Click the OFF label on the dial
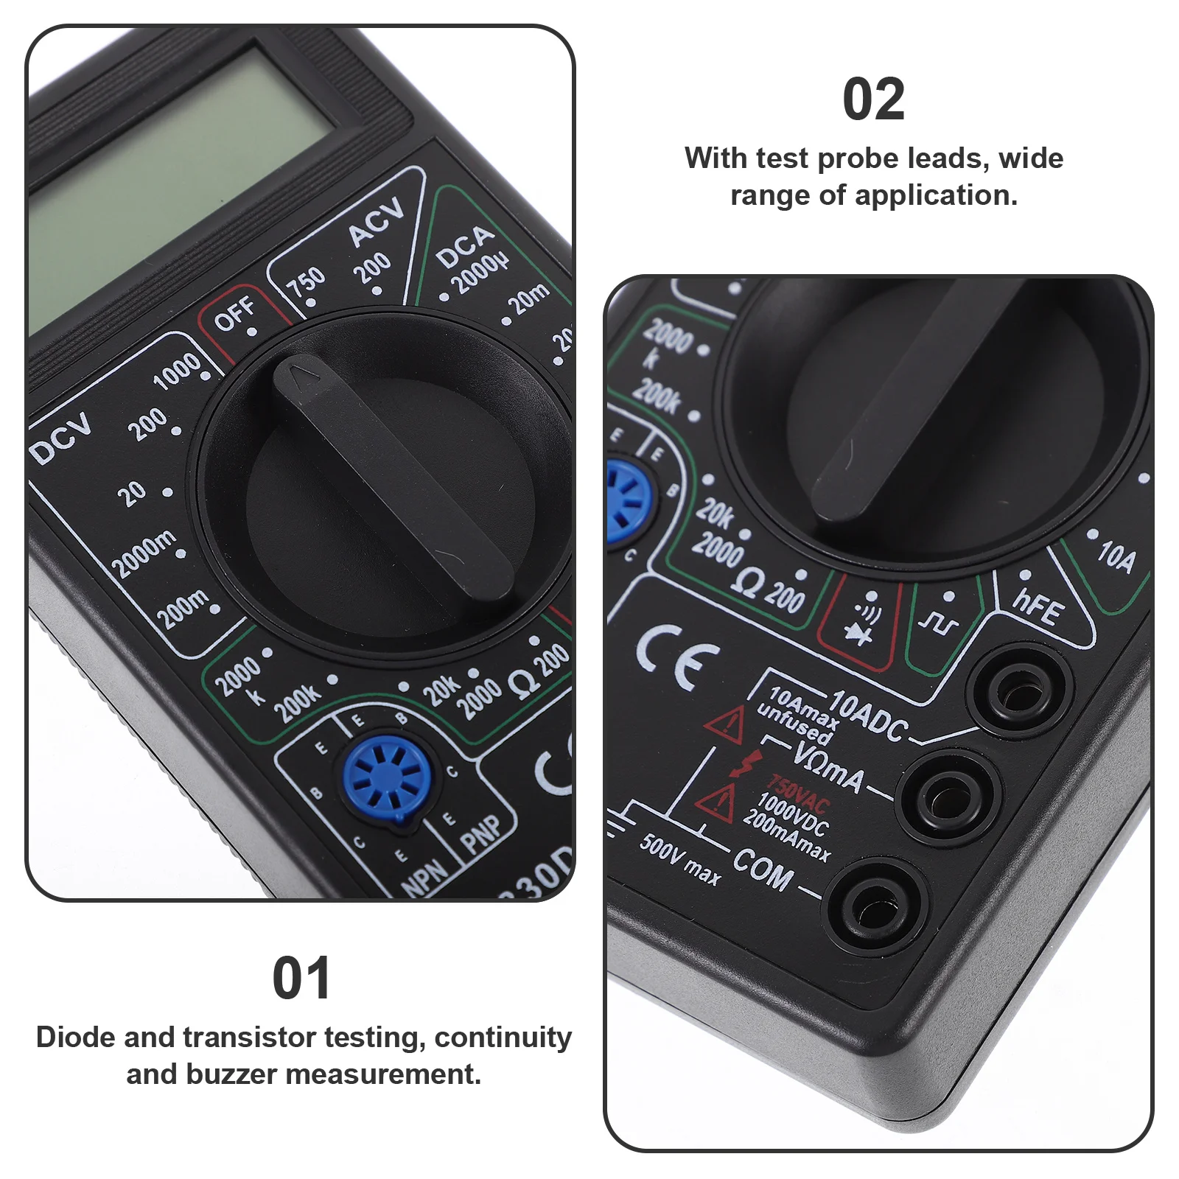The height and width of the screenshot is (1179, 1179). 234,314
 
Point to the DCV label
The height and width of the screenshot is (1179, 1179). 62,438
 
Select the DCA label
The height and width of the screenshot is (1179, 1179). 464,246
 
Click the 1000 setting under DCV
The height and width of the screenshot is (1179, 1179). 177,370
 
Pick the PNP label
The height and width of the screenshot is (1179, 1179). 480,834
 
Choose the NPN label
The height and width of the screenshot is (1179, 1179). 425,877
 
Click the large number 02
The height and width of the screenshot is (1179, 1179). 873,99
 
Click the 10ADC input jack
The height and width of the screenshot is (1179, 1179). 1020,690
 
